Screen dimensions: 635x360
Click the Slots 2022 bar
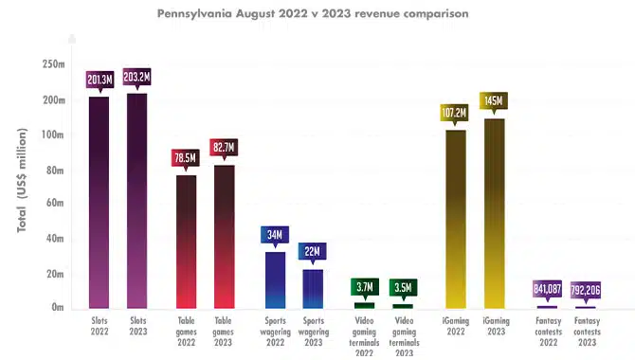(100, 203)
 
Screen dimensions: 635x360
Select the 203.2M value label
(136, 77)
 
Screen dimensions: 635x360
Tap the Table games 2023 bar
(225, 237)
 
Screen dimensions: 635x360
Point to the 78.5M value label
(186, 157)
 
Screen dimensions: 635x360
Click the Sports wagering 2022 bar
(276, 280)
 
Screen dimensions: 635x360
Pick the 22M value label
(312, 251)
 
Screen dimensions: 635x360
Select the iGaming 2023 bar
(495, 214)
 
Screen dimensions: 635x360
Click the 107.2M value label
(454, 113)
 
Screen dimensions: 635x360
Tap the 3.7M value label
(365, 287)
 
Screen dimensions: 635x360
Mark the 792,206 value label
(586, 290)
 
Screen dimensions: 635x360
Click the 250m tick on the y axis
(53, 64)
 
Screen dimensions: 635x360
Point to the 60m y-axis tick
(55, 203)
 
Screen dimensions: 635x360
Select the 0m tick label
(58, 307)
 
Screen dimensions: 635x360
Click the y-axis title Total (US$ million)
(22, 180)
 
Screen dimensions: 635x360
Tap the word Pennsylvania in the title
(194, 14)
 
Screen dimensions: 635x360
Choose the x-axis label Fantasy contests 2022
(549, 332)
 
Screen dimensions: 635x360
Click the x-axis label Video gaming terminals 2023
(404, 337)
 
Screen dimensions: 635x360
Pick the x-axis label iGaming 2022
(456, 326)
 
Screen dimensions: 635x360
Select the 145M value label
(494, 100)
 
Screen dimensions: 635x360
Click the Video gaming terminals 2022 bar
(365, 306)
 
